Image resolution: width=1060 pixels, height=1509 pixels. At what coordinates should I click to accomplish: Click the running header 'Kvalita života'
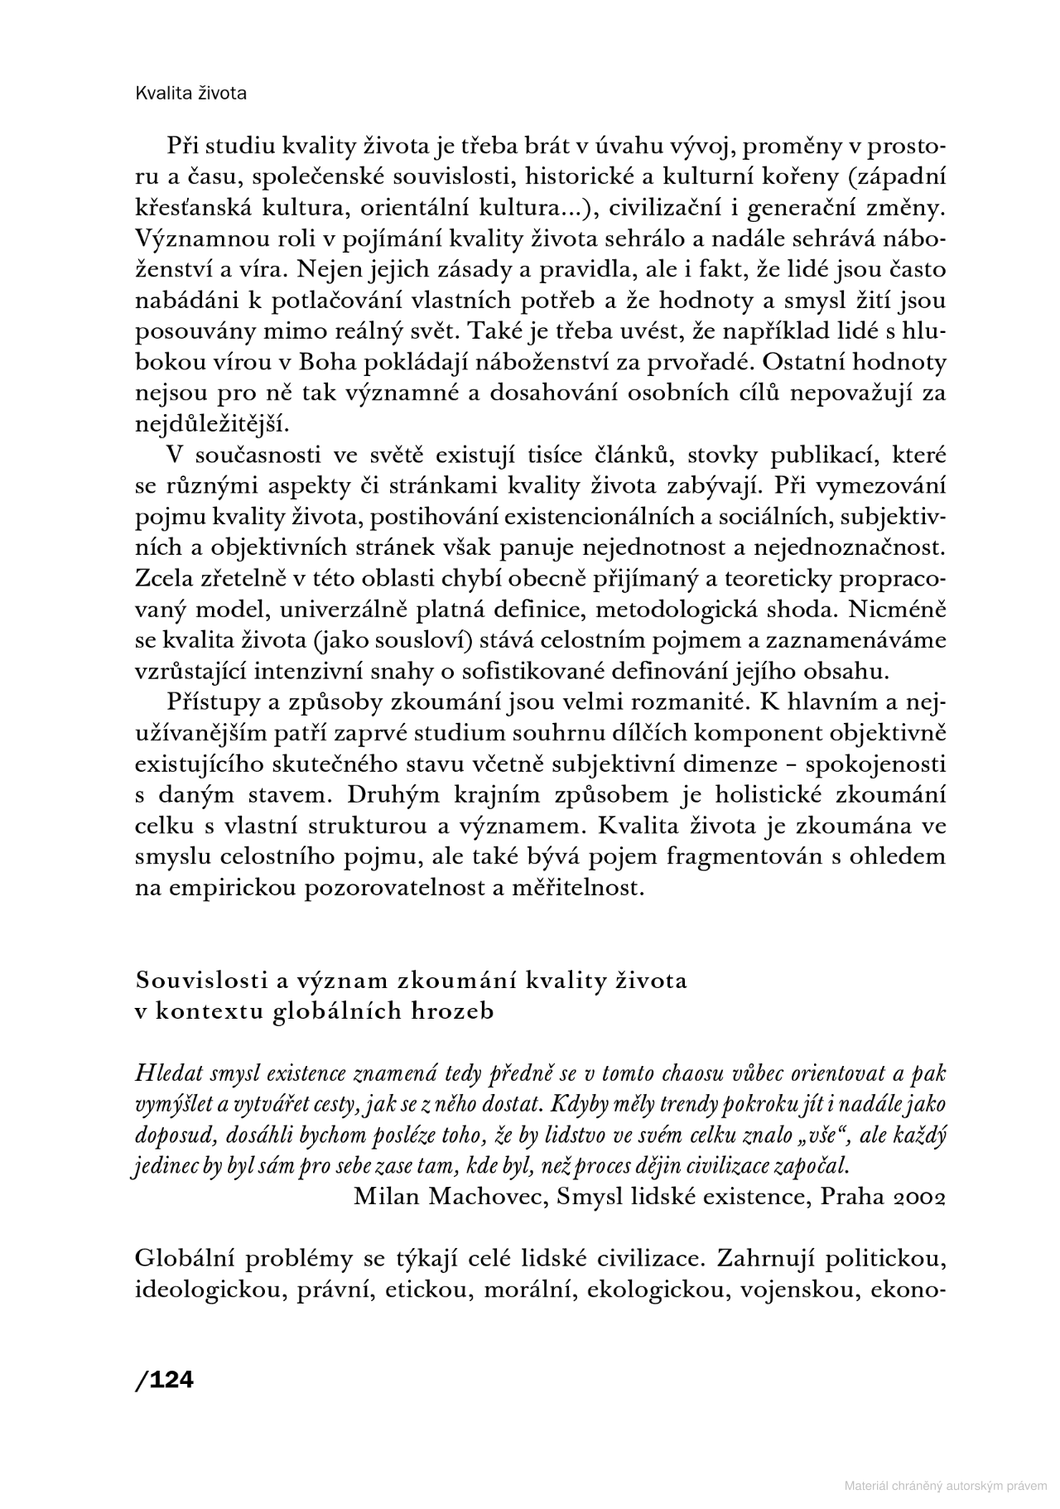190,94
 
